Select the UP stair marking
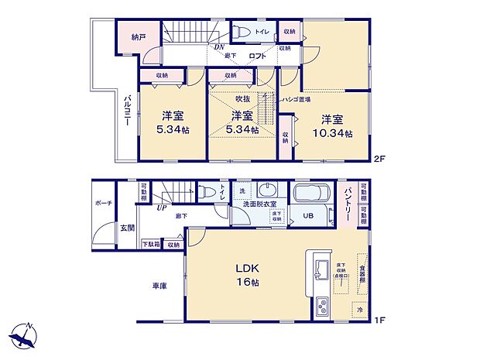pyautogui.click(x=162, y=207)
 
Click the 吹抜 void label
pyautogui.click(x=242, y=100)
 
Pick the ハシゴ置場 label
pyautogui.click(x=294, y=100)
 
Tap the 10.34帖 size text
pyautogui.click(x=333, y=133)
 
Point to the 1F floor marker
pyautogui.click(x=379, y=317)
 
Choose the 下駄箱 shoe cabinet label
pyautogui.click(x=150, y=245)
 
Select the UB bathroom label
pyautogui.click(x=307, y=217)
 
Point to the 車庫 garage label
pyautogui.click(x=160, y=285)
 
